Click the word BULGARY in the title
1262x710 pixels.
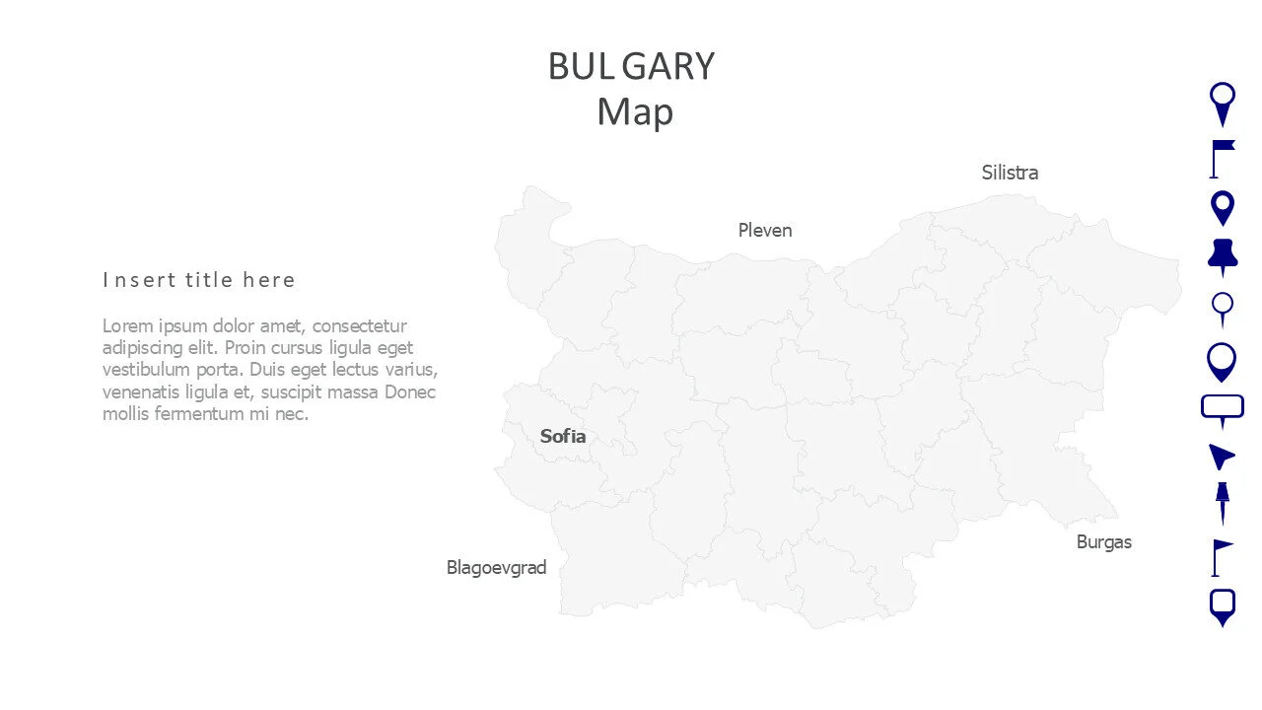click(631, 67)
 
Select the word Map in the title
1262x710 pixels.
click(635, 111)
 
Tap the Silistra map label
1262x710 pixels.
click(1010, 173)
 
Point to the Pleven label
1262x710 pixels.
click(765, 230)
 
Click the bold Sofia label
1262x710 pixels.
click(563, 436)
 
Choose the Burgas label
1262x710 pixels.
click(1104, 541)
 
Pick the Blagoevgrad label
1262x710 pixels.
click(496, 567)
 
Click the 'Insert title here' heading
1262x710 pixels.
click(199, 280)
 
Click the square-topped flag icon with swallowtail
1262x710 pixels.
click(1222, 158)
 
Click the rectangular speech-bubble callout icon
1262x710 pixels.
click(1223, 409)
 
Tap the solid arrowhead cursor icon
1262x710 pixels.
click(1222, 456)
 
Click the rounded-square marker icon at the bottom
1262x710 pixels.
click(1223, 606)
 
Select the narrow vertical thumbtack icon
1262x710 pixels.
click(1223, 502)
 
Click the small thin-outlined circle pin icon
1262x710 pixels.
click(1223, 308)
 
